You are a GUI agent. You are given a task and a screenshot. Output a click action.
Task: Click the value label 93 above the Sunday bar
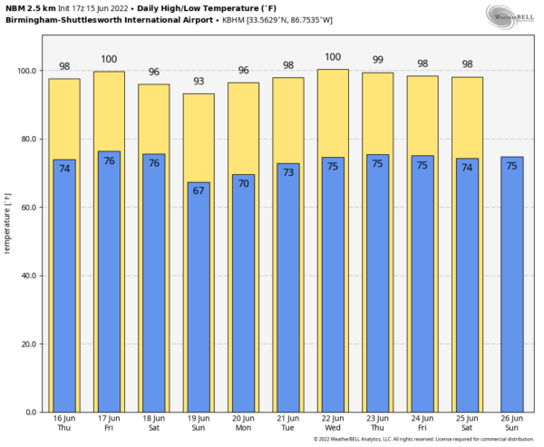199,82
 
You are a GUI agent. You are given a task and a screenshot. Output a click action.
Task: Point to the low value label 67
199,191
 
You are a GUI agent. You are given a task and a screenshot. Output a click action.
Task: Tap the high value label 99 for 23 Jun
378,60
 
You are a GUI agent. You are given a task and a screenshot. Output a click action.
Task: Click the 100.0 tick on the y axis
27,71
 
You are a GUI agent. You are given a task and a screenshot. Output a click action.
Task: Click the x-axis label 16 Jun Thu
64,423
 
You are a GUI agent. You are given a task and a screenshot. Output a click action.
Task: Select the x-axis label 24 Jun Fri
423,423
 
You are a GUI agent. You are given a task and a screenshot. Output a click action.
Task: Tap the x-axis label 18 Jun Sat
154,423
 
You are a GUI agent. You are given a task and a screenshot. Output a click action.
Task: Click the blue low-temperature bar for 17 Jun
109,290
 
